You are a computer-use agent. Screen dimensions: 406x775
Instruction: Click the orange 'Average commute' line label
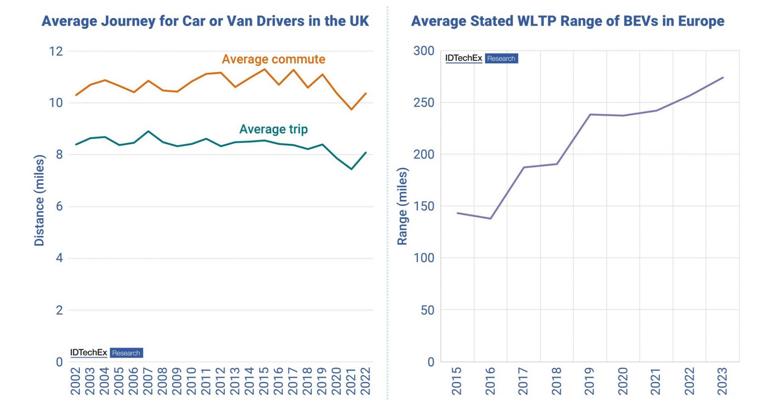coord(273,59)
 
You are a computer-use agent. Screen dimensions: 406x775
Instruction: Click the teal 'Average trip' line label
coord(273,129)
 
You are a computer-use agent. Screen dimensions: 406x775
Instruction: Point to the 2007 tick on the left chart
coord(148,381)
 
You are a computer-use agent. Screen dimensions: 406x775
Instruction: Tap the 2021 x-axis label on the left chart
coord(351,381)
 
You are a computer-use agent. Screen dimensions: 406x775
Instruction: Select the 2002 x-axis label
coord(75,381)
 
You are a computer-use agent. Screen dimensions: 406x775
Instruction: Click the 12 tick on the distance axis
coord(56,51)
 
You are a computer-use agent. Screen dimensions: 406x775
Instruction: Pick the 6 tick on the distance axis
coord(59,207)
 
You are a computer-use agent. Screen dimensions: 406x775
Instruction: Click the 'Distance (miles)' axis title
coord(39,200)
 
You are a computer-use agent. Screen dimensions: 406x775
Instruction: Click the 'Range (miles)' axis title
coord(402,206)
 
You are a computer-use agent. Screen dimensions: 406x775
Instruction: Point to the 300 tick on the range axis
coord(423,51)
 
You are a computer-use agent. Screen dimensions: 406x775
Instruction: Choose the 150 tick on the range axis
coord(423,206)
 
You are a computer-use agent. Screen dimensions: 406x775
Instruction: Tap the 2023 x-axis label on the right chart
coord(722,381)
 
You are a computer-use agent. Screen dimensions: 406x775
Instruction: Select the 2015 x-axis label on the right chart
coord(457,381)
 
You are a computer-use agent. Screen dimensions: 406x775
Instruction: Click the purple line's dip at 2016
coord(490,219)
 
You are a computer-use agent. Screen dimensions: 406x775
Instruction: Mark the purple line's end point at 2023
coord(723,78)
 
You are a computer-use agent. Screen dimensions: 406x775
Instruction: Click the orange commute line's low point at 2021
coord(352,109)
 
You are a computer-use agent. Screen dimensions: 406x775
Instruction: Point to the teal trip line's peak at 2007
coord(148,131)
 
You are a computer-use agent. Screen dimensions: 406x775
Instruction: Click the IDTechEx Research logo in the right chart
coord(481,58)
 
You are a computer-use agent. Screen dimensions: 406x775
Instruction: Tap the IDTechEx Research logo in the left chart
coord(106,353)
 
